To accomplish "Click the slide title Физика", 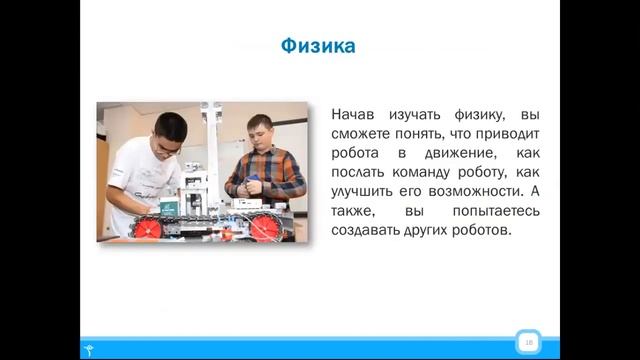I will click(317, 47).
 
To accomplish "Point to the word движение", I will click(434, 155).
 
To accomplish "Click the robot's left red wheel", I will click(149, 226).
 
